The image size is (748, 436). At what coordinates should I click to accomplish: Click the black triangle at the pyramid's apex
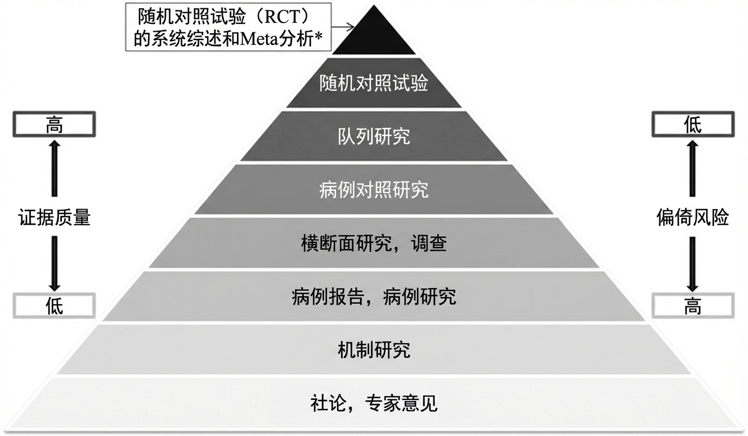(x=374, y=37)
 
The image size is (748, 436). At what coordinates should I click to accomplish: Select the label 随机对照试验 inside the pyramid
(x=374, y=84)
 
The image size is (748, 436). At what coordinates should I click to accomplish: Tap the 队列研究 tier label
(x=374, y=136)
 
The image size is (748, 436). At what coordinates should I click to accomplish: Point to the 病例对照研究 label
(x=374, y=190)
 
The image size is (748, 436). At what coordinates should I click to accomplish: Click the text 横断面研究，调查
(x=374, y=243)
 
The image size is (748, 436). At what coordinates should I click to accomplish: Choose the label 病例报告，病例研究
(x=374, y=296)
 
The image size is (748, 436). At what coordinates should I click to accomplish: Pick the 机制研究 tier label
(x=374, y=350)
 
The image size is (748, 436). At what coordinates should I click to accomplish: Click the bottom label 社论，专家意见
(x=374, y=403)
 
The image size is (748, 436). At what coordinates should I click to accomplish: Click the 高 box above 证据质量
(x=54, y=125)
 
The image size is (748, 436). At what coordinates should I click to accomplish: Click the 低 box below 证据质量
(x=54, y=305)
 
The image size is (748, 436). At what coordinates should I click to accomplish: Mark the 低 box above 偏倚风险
(x=692, y=125)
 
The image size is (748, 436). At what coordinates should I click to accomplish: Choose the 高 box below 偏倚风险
(x=692, y=305)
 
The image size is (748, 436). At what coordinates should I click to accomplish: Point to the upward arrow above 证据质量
(x=54, y=167)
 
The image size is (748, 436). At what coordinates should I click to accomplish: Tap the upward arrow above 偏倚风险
(x=692, y=167)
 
